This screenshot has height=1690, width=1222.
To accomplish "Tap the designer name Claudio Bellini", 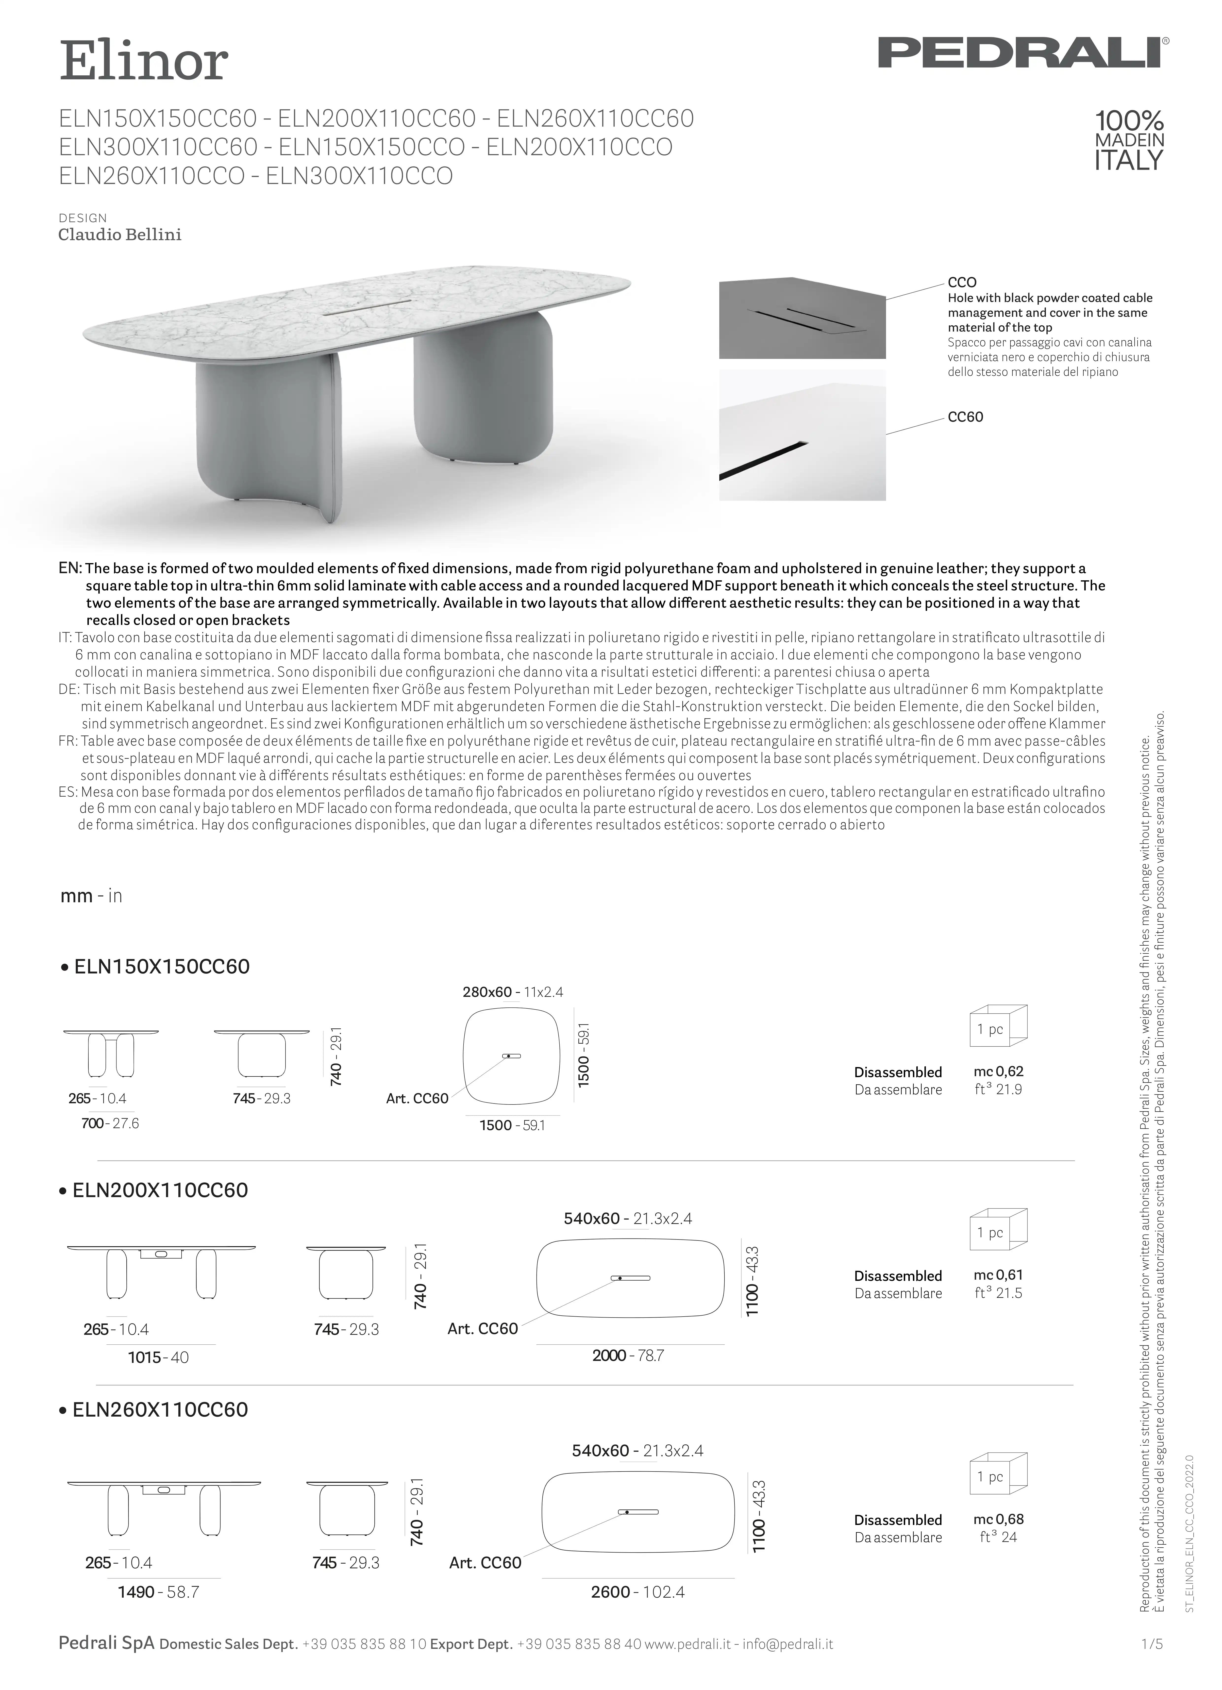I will tap(120, 235).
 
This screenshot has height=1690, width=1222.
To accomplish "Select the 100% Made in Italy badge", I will tap(1128, 140).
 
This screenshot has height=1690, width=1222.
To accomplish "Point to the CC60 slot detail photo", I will tap(802, 435).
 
